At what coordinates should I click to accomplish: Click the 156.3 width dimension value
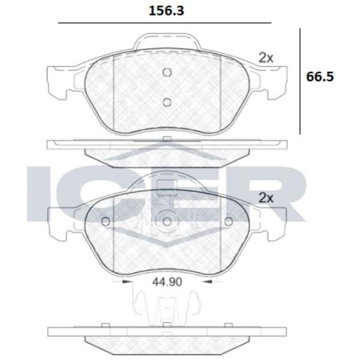click(x=166, y=11)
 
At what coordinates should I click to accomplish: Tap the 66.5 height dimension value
click(x=320, y=77)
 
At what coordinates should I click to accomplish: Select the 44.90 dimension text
click(x=167, y=282)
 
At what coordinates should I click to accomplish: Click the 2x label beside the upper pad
click(x=266, y=58)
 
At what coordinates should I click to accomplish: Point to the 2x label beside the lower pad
click(x=266, y=198)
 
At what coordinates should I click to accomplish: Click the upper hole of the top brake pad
click(x=167, y=73)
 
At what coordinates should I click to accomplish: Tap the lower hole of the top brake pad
click(x=167, y=102)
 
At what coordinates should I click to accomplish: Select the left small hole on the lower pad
click(x=106, y=221)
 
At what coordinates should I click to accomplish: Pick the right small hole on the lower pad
click(x=229, y=221)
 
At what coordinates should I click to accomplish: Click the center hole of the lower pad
click(x=167, y=221)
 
